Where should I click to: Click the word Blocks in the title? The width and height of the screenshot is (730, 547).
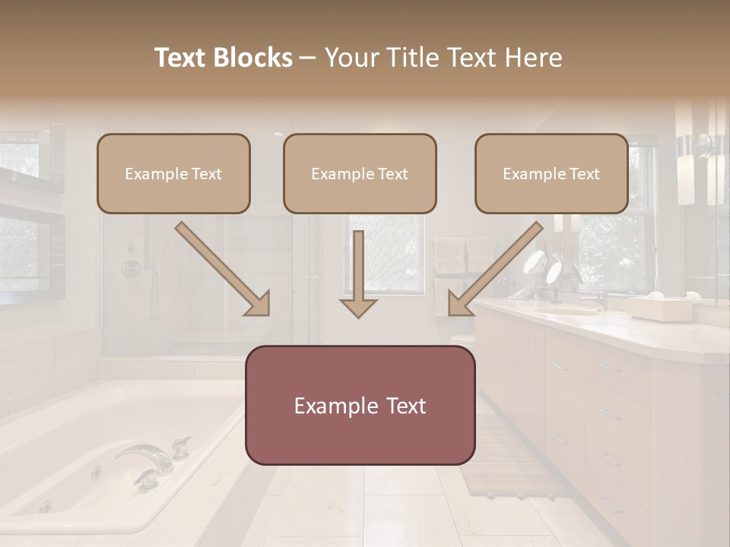(x=255, y=58)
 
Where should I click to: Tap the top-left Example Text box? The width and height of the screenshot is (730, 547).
(x=173, y=173)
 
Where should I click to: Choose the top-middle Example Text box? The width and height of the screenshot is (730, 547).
(x=360, y=173)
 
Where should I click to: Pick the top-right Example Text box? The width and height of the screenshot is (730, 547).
(x=551, y=173)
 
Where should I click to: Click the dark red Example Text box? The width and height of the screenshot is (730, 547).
(x=360, y=405)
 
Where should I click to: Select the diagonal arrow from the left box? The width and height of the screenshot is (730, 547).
(x=222, y=268)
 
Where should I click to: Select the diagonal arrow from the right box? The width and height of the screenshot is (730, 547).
(x=496, y=268)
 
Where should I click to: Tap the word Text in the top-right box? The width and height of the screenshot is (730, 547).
(x=584, y=173)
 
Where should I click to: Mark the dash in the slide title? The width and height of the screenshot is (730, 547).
(x=308, y=58)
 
